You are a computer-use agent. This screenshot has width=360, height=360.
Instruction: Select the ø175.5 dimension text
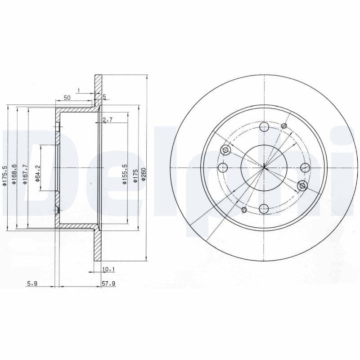pos(4,175)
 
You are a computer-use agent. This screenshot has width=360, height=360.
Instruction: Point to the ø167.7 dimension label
pos(26,175)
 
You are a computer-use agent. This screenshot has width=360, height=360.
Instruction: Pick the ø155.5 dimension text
pos(124,175)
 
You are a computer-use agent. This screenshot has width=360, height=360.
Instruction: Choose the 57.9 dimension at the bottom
pos(109,284)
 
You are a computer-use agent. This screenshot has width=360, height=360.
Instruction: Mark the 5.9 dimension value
pos(31,284)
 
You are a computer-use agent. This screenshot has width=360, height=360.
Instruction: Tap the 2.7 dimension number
pos(107,120)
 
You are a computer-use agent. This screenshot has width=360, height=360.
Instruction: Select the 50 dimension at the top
pos(67,98)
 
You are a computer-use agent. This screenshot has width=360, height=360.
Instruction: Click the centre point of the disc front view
pos(264,168)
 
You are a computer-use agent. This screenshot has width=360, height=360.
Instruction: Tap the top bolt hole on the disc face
pos(264,127)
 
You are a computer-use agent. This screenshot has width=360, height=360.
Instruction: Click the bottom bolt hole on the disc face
pos(264,208)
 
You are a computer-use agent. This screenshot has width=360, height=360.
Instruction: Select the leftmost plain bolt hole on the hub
pos(223,168)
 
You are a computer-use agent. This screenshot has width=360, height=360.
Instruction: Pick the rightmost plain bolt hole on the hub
pos(305,168)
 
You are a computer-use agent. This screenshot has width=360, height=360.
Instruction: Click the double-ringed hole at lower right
pos(302,185)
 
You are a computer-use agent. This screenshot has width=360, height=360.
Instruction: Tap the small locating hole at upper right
pos(284,126)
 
